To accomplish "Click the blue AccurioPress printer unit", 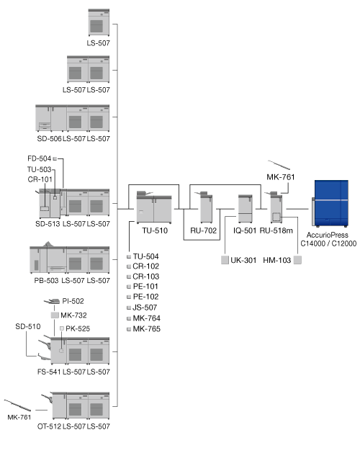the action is click(330, 203).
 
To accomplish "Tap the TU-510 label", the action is click(155, 230).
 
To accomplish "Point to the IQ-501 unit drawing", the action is click(246, 209).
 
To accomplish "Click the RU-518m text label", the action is click(276, 230).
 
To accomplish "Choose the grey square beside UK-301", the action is click(225, 260).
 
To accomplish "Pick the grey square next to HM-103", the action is click(297, 260).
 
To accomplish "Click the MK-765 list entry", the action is click(146, 329).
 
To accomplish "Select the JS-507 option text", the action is click(145, 308).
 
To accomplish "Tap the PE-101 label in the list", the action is click(145, 287).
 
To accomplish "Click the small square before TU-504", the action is click(129, 256).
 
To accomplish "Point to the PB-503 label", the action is click(46, 281).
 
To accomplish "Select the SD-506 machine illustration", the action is click(51, 118).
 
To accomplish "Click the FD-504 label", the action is click(40, 158).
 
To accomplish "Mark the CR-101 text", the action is click(40, 179).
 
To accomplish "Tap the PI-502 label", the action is click(73, 301).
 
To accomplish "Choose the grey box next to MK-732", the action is click(55, 315).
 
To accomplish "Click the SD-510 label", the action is click(28, 326).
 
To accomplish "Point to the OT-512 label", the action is click(49, 426).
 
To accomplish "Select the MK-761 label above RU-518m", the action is click(281, 177).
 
